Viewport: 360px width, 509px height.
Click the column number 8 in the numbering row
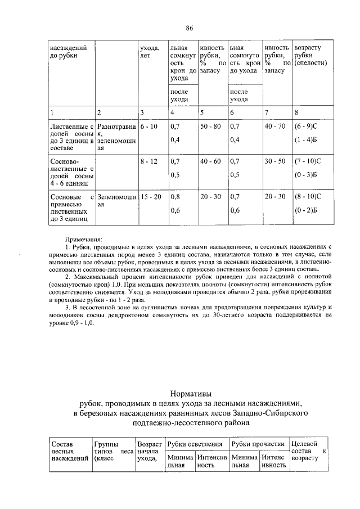296,111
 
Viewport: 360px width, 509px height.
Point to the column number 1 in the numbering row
52,111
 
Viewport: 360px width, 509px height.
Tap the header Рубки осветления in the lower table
197,444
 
